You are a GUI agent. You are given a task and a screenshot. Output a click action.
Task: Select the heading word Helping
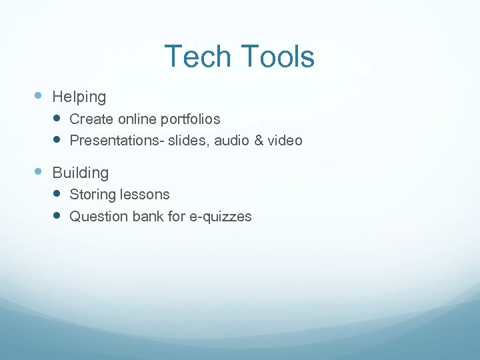[x=79, y=97]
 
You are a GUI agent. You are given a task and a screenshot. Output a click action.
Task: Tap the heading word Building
[x=80, y=173]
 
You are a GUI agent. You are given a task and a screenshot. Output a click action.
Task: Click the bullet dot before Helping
[x=38, y=96]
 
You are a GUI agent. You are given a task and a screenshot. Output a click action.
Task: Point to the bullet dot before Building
[x=38, y=171]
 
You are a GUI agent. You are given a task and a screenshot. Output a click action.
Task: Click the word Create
[x=91, y=119]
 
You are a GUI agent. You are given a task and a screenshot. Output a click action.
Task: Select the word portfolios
[x=191, y=119]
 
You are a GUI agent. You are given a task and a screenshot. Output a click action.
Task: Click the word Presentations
[x=110, y=141]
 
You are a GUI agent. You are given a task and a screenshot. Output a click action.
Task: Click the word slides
[x=178, y=141]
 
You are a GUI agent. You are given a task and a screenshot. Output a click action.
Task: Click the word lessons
[x=145, y=195]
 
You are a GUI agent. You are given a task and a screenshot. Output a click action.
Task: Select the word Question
[x=97, y=217]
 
